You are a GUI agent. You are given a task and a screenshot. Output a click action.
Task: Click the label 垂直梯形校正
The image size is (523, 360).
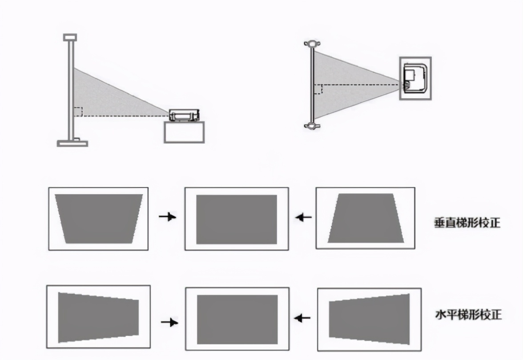click(467, 223)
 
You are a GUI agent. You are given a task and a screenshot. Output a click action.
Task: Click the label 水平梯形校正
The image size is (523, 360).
click(468, 315)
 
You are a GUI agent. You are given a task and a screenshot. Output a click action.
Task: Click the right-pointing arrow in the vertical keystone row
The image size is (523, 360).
click(168, 217)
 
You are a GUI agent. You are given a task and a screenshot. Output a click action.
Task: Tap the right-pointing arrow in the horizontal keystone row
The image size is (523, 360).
click(169, 322)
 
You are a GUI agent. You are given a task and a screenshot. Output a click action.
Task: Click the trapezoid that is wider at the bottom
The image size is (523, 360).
click(365, 218)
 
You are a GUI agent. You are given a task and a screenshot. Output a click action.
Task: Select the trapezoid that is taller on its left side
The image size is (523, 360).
click(98, 317)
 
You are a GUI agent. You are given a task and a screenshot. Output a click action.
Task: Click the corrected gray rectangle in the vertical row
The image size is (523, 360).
click(236, 219)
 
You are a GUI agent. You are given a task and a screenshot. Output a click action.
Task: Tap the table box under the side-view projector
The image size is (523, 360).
click(184, 132)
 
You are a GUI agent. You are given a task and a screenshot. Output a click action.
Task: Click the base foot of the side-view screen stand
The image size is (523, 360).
click(72, 143)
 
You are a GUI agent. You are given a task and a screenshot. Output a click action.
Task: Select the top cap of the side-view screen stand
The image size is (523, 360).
click(70, 37)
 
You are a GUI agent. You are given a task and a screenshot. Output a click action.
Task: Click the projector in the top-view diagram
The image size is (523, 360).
click(415, 78)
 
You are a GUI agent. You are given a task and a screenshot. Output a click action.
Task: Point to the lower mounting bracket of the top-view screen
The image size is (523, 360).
click(312, 126)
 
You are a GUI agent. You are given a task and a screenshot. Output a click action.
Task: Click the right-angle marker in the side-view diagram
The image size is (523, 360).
click(78, 112)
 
